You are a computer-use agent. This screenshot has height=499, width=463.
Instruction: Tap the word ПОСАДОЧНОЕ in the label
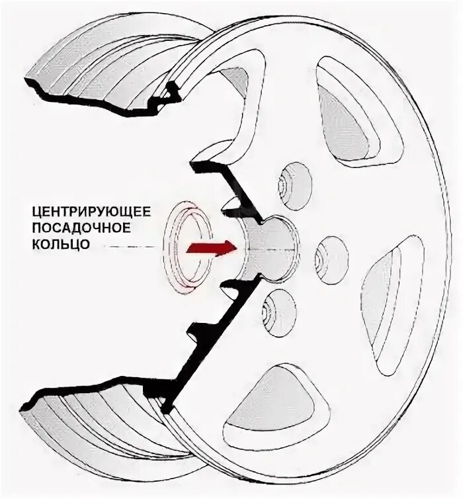81,228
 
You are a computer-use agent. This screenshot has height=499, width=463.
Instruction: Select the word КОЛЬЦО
58,245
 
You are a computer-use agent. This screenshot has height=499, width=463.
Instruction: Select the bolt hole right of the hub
330,254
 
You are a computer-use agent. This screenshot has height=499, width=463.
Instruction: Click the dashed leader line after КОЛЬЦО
132,246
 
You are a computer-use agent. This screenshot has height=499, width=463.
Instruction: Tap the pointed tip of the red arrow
234,248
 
